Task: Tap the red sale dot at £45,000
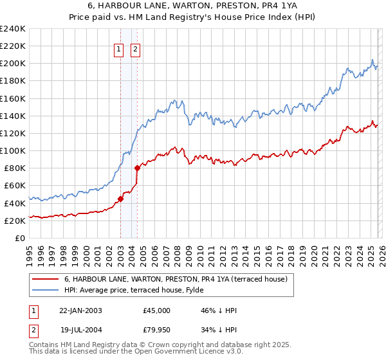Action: (120, 199)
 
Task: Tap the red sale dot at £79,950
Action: (137, 168)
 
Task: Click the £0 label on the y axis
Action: (20, 238)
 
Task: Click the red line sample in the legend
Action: (45, 279)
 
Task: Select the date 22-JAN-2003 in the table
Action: (80, 310)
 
